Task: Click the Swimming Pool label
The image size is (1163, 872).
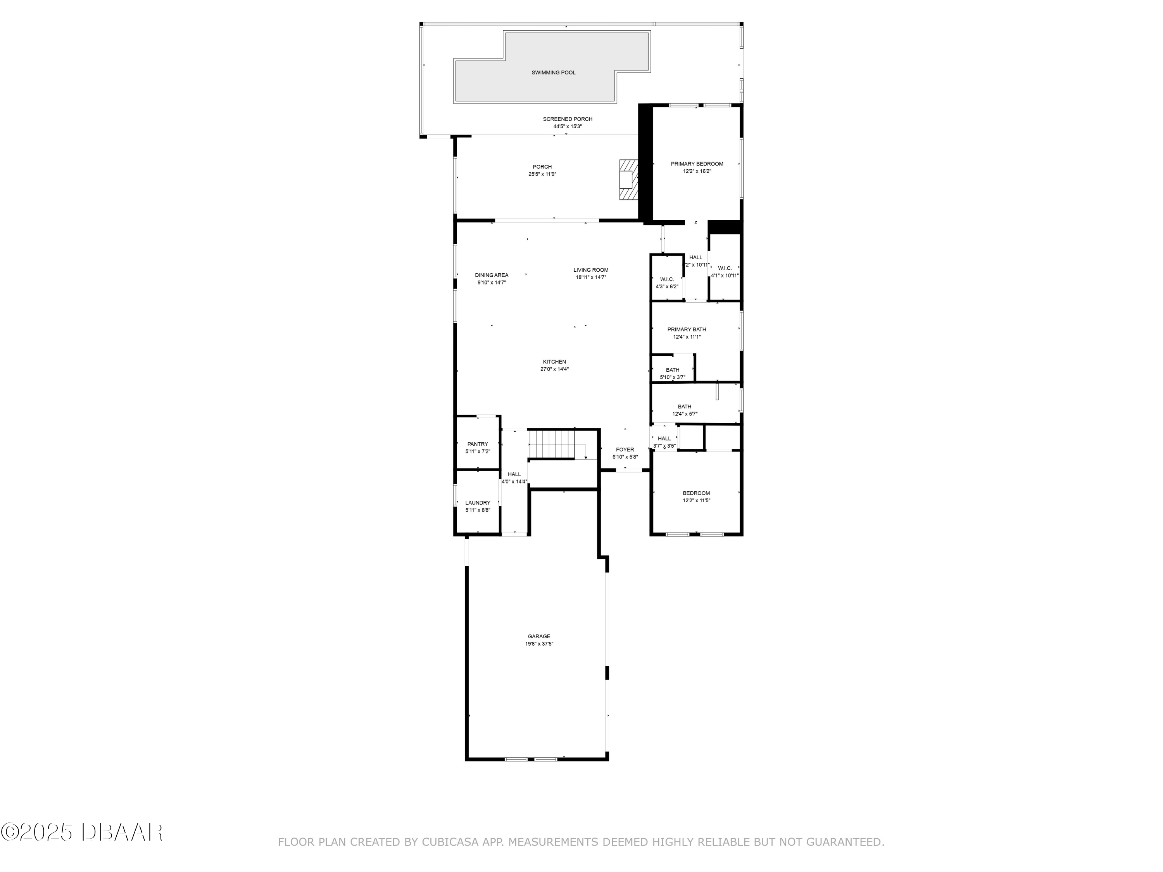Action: (553, 72)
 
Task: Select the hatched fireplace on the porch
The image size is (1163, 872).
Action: (628, 180)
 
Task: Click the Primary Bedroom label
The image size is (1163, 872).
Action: (697, 164)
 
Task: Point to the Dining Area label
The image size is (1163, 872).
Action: (492, 275)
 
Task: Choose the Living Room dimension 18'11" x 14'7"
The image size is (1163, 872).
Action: (591, 277)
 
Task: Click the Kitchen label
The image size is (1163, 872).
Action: (554, 362)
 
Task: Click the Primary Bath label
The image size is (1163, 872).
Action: (687, 329)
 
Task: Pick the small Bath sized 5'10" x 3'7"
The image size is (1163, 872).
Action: (673, 373)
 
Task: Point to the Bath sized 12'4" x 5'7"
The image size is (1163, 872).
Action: (685, 410)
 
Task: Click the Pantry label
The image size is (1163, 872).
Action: (477, 444)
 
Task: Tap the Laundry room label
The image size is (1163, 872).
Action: (477, 503)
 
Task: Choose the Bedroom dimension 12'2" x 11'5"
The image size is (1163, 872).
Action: (696, 501)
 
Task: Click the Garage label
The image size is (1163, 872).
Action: (539, 636)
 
